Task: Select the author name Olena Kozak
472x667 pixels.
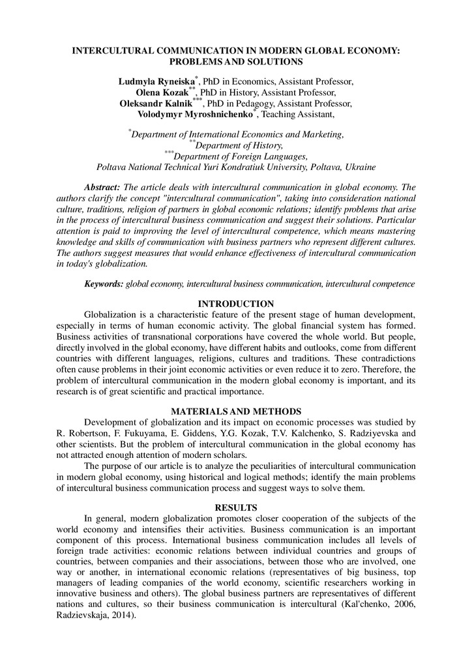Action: pyautogui.click(x=166, y=93)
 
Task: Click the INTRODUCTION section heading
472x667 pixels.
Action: pyautogui.click(x=235, y=304)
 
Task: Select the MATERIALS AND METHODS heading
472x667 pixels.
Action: pyautogui.click(x=235, y=412)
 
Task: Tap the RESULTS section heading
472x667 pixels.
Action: pyautogui.click(x=235, y=507)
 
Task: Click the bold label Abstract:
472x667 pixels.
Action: pyautogui.click(x=103, y=188)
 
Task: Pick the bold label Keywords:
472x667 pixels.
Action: pyautogui.click(x=104, y=285)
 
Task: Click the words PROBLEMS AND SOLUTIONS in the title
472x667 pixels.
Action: pyautogui.click(x=235, y=61)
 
